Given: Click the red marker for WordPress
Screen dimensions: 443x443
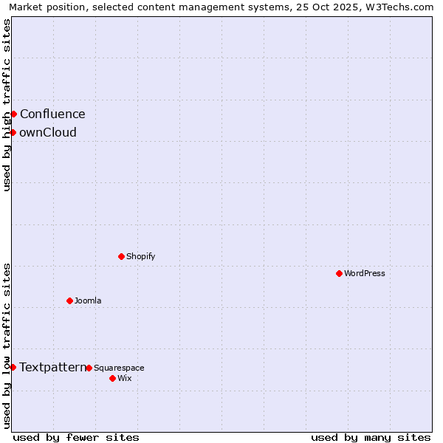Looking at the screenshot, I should click(x=339, y=273).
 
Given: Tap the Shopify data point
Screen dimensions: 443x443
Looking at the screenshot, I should click(x=121, y=256).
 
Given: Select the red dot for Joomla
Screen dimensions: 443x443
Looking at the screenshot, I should click(x=69, y=301).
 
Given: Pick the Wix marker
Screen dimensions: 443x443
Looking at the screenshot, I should click(x=112, y=378).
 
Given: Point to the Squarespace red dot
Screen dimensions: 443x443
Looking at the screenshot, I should click(x=89, y=368).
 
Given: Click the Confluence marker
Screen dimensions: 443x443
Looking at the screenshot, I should click(x=13, y=114).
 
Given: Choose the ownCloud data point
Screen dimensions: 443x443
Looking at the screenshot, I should click(x=13, y=132).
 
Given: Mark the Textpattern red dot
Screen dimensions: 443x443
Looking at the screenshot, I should click(x=13, y=367).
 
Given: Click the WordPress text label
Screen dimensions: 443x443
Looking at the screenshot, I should click(x=365, y=273).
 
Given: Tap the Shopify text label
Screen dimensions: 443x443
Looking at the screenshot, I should click(x=140, y=256).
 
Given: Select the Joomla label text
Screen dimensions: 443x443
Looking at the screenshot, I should click(x=88, y=301).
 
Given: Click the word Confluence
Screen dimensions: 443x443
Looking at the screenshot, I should click(x=52, y=114).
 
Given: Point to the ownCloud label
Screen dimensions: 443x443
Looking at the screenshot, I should click(x=48, y=133).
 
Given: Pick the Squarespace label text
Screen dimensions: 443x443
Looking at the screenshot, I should click(x=119, y=368).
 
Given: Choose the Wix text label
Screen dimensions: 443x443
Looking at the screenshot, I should click(x=124, y=378).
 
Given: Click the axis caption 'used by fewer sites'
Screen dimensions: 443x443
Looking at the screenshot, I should click(x=76, y=437).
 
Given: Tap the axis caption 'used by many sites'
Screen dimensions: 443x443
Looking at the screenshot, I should click(x=371, y=437).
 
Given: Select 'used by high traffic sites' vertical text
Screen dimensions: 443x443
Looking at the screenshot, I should click(x=7, y=105).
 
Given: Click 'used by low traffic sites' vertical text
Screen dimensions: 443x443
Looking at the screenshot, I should click(x=7, y=345).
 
